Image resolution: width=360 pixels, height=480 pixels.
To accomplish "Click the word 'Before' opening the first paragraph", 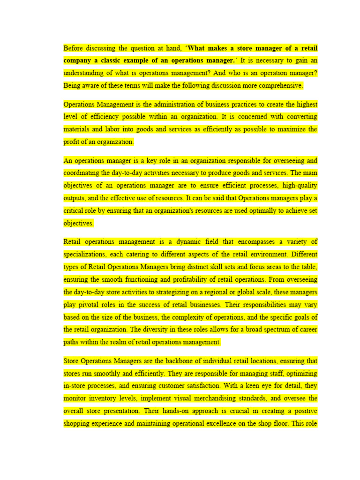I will pos(73,48).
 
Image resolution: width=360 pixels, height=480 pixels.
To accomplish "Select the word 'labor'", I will pos(116,129).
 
